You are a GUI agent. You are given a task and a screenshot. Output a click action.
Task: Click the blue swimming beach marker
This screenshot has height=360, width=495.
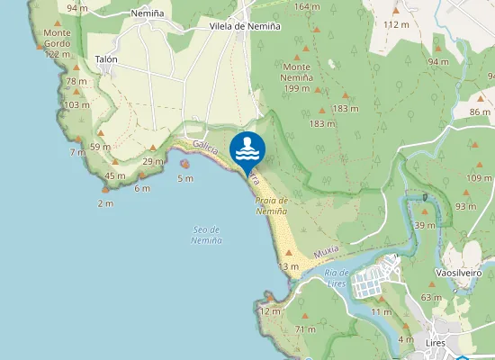pos(247,149)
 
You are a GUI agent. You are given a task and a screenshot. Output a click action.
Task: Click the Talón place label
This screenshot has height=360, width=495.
pos(107,59)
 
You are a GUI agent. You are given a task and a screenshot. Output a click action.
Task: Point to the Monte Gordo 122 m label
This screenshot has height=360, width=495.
pos(57,43)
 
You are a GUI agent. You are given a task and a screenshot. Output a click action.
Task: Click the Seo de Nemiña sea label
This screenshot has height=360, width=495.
pos(207,236)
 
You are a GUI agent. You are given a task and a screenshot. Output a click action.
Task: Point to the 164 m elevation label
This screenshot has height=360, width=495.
pos(307,7)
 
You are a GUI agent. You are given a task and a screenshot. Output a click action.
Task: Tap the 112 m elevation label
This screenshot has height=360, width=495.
pos(396,24)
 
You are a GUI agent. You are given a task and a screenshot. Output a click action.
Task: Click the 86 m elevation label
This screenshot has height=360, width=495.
pos(481,112)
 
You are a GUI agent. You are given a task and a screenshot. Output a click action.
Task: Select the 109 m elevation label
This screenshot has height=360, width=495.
pos(479,178)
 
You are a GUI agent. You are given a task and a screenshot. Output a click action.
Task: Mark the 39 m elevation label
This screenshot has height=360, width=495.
pos(425,225)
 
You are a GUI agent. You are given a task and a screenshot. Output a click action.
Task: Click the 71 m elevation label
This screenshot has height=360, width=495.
pos(305,330)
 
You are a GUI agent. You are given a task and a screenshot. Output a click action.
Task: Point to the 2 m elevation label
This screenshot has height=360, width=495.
pos(106,203)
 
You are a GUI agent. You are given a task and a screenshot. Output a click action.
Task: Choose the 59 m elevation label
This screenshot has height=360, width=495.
pos(100,147)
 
